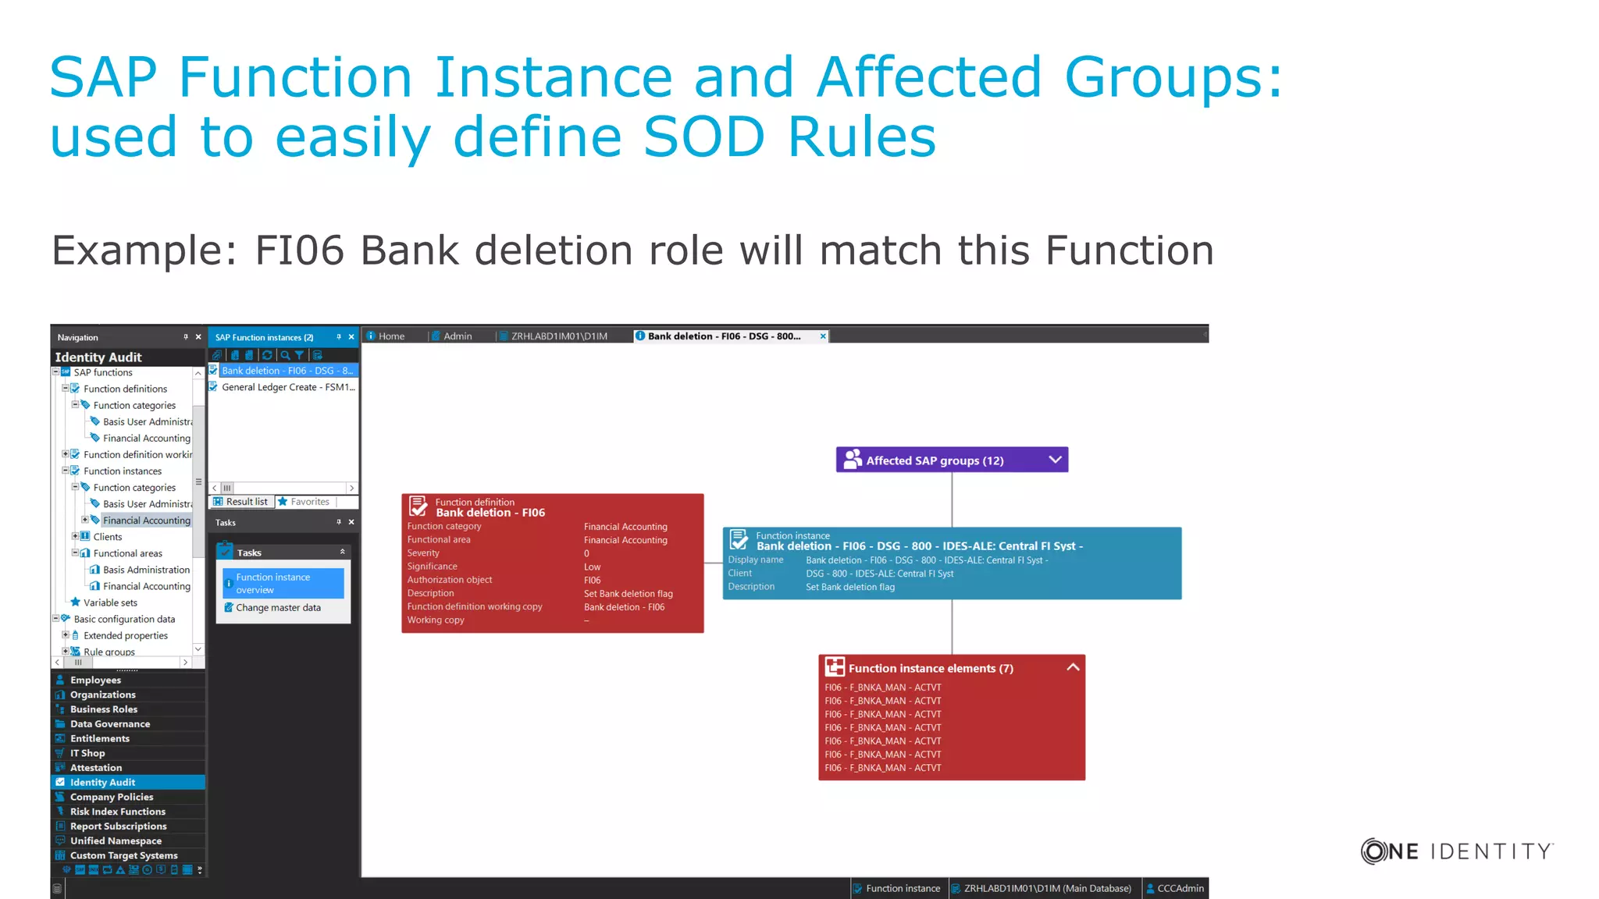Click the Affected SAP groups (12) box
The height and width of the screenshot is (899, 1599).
click(935, 460)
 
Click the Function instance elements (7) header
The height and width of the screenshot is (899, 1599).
click(930, 668)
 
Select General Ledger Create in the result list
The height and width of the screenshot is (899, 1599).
click(287, 387)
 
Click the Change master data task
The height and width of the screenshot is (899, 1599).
click(278, 608)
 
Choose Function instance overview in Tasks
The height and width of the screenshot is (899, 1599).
click(282, 583)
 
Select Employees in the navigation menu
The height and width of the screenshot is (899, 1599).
click(95, 680)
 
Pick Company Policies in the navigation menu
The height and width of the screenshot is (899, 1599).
click(112, 797)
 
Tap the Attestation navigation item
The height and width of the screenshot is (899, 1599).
click(96, 768)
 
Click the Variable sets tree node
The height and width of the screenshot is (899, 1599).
click(110, 602)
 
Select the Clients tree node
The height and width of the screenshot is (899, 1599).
click(108, 537)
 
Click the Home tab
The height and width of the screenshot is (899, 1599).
click(391, 336)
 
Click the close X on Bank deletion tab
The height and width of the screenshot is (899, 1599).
click(823, 336)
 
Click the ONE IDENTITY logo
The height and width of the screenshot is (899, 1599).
click(1457, 851)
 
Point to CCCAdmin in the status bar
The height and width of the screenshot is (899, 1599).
click(1180, 888)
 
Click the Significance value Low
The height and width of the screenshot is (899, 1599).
click(593, 567)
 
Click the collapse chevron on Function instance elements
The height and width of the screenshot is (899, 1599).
click(1073, 667)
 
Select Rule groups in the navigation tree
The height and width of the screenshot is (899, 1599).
click(109, 652)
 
